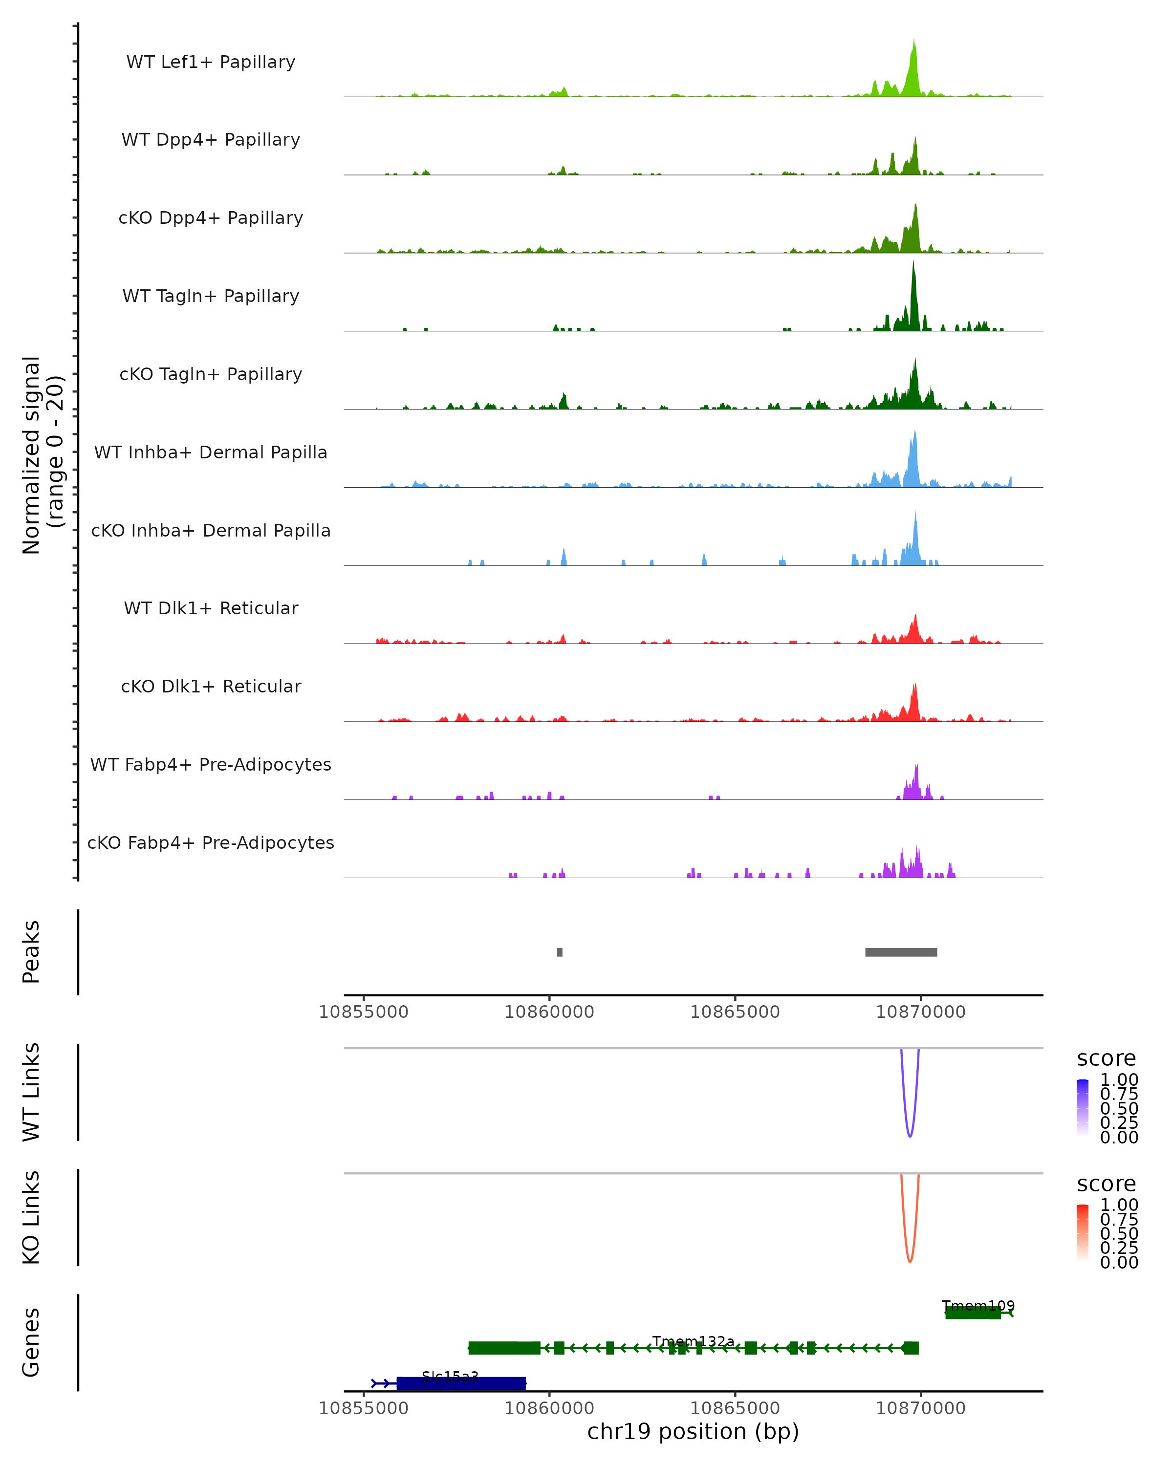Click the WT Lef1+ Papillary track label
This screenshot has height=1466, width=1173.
click(211, 62)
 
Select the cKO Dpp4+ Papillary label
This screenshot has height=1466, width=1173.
click(211, 217)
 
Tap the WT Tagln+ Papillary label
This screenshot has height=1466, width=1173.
click(211, 296)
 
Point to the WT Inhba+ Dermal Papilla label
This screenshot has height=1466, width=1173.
click(211, 452)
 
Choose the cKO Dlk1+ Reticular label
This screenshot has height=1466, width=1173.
click(211, 686)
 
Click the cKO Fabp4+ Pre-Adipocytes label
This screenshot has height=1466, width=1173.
click(211, 842)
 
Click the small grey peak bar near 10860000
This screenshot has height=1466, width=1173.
click(560, 952)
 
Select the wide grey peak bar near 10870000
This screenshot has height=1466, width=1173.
click(901, 952)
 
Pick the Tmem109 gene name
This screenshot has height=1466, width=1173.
click(978, 1306)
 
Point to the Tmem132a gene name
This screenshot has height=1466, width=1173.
click(693, 1341)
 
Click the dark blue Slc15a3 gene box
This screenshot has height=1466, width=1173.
click(461, 1383)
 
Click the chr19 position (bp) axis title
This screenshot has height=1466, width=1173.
click(693, 1431)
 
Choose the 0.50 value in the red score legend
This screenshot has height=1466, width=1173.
click(1119, 1233)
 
